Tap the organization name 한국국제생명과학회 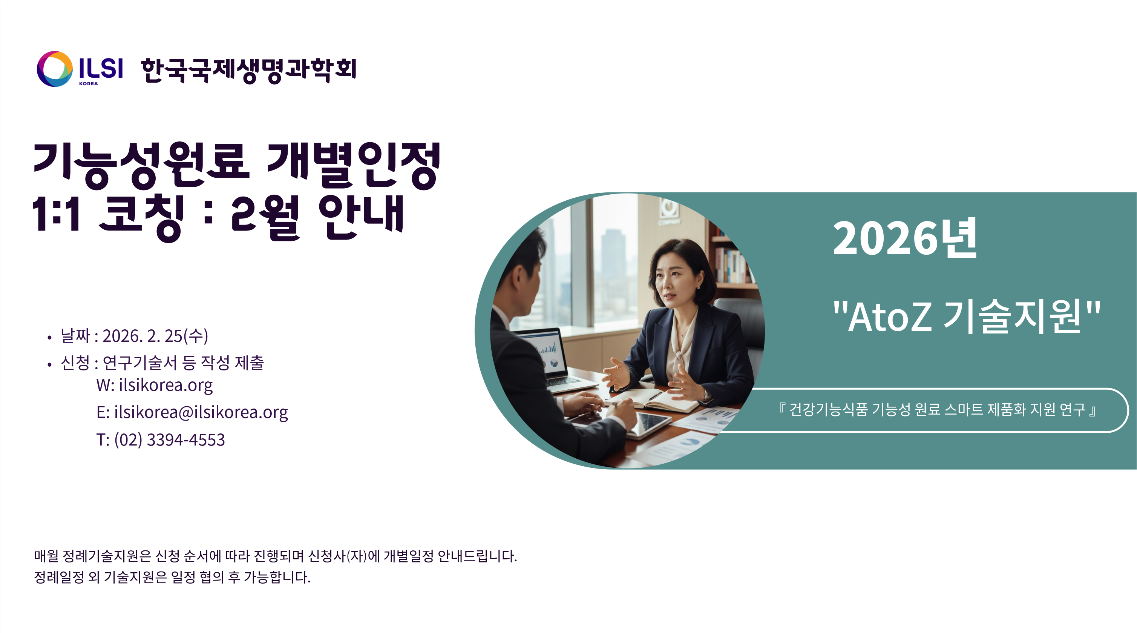[248, 70]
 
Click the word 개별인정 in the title [354, 164]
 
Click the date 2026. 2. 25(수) [155, 336]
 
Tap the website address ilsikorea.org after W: [165, 385]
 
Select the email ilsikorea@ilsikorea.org [201, 412]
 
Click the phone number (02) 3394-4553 [170, 439]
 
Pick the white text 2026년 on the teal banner [905, 238]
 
